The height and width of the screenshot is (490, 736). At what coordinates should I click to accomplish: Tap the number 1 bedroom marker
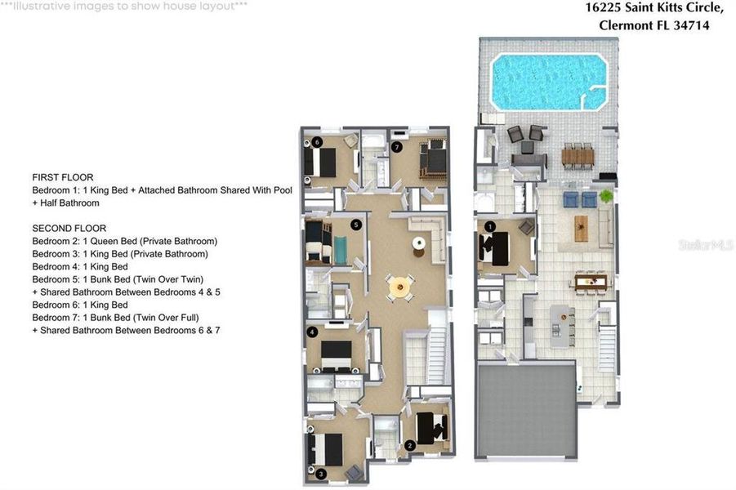click(x=490, y=226)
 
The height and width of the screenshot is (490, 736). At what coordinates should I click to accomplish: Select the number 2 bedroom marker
click(x=409, y=445)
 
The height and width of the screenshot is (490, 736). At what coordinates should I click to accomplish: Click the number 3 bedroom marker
click(x=321, y=473)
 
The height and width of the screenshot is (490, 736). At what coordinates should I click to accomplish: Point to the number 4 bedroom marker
click(x=313, y=332)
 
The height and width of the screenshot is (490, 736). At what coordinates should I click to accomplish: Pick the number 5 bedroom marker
click(x=355, y=224)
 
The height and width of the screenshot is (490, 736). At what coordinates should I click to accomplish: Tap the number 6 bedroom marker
click(x=318, y=141)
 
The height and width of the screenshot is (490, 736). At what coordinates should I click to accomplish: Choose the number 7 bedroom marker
click(x=396, y=148)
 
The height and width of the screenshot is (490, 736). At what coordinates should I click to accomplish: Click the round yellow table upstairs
click(x=400, y=286)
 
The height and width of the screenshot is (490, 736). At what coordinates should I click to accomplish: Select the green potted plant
click(x=605, y=196)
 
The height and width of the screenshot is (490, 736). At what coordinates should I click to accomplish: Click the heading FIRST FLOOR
click(x=62, y=177)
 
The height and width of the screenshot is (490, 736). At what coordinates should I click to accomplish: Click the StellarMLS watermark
click(x=704, y=244)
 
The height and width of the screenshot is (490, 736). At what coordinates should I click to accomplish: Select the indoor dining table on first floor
click(x=590, y=282)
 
